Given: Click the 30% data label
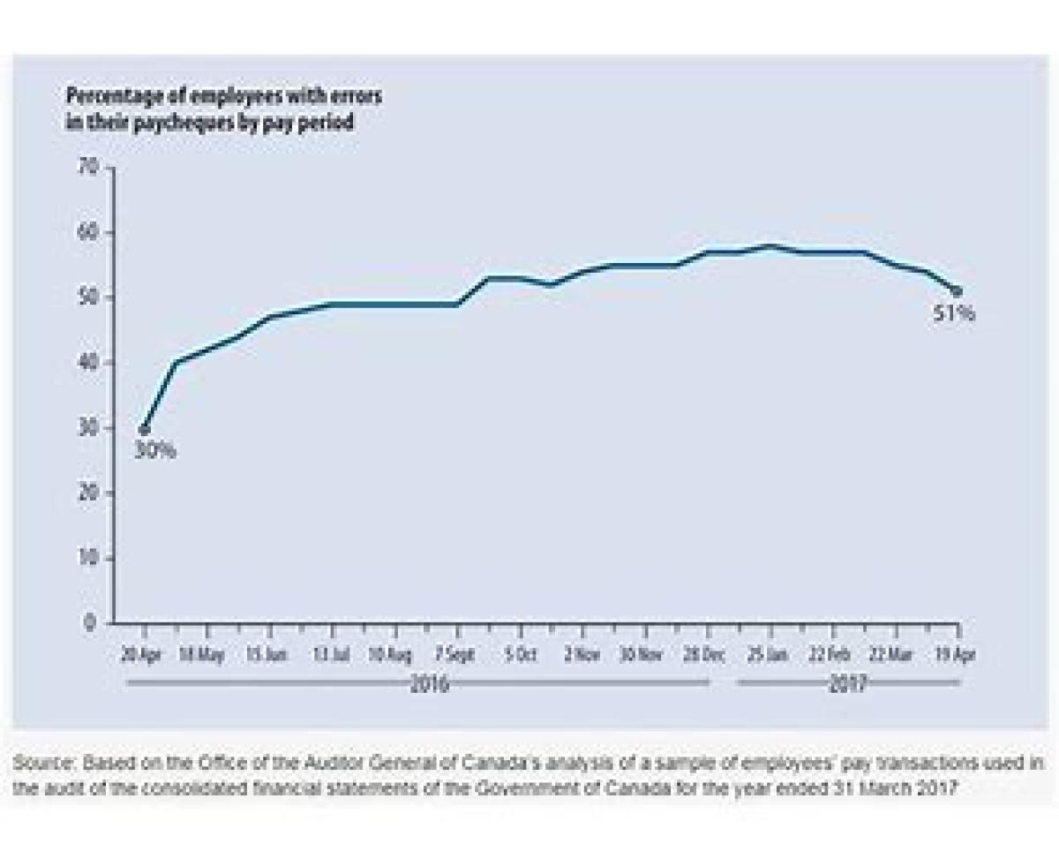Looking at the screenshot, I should (155, 450).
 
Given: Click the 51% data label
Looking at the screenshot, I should (954, 313).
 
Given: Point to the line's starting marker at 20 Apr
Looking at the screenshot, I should (144, 430).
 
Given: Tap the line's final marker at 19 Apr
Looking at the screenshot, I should (958, 290).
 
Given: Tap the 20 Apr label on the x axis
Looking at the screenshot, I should (141, 656).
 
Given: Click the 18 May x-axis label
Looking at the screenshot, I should (202, 656).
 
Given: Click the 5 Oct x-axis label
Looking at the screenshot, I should (521, 656).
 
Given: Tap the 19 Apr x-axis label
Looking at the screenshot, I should (958, 656).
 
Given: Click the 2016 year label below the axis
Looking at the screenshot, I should (429, 684).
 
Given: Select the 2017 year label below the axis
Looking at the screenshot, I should (847, 684).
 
